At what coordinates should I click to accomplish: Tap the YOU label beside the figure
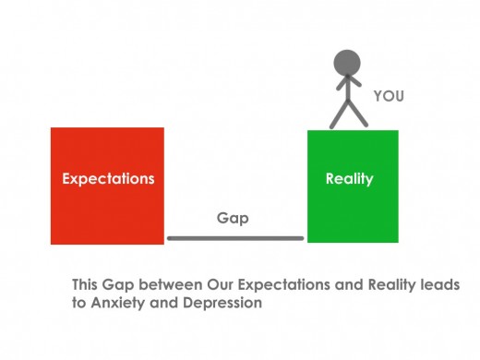pyautogui.click(x=389, y=95)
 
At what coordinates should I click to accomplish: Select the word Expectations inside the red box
pyautogui.click(x=108, y=178)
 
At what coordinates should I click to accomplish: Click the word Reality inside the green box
pyautogui.click(x=350, y=178)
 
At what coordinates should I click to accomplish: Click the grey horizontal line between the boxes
pyautogui.click(x=235, y=238)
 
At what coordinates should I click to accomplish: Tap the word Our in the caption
pyautogui.click(x=222, y=284)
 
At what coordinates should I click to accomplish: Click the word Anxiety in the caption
pyautogui.click(x=118, y=302)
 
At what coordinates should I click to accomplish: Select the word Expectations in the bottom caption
pyautogui.click(x=287, y=284)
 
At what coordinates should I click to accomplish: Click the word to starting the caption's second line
pyautogui.click(x=79, y=302)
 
